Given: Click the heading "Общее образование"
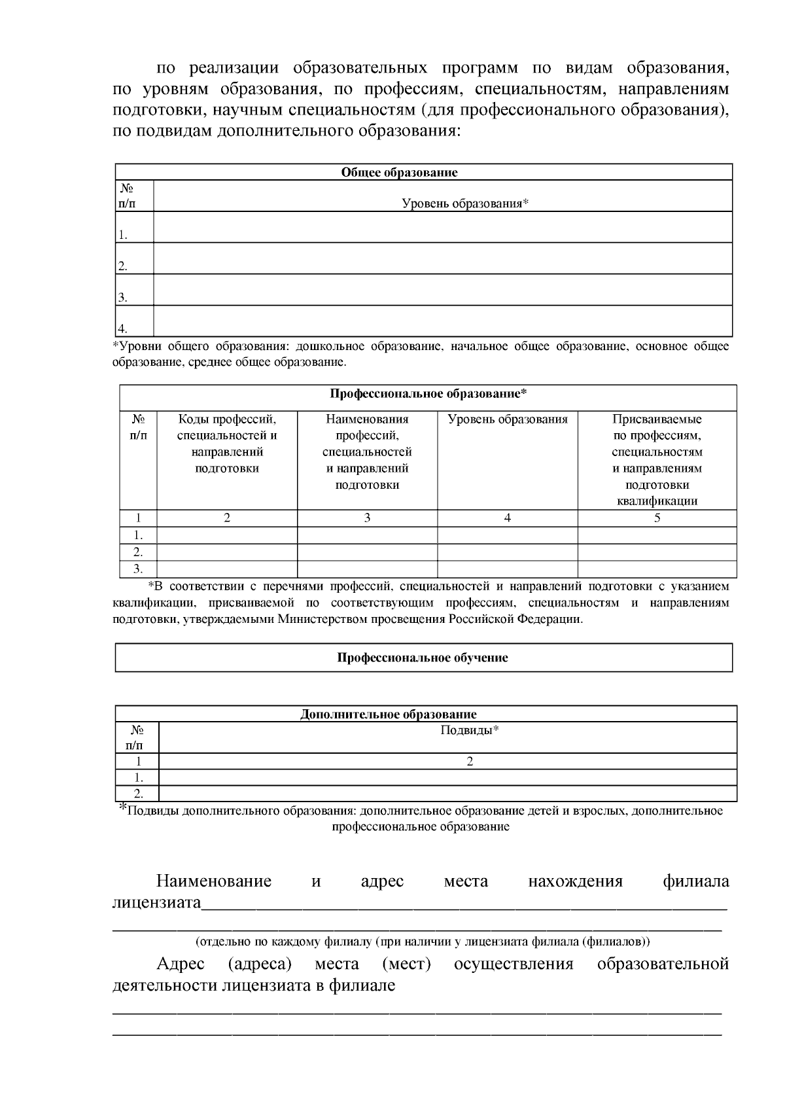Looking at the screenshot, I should coord(399,173).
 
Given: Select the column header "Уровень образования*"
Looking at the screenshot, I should coord(464,203).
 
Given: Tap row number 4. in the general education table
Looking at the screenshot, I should coord(122,328).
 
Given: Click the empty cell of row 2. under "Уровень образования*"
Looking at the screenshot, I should coord(442,258).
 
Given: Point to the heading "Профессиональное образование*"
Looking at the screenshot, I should coord(428,394).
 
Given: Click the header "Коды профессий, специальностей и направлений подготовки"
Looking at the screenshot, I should coord(227,444).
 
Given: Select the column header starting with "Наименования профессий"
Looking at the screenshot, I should coord(367,451).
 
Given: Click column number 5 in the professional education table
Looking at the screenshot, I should coord(657,518).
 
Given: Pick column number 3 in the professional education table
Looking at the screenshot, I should coord(367,518).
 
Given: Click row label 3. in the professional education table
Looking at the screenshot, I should coord(138,569).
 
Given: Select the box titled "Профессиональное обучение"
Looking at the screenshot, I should coord(423,658).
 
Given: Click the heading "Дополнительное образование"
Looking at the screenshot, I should coord(388,714).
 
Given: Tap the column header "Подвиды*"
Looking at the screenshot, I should coord(470,731).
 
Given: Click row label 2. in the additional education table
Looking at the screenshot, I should coord(138,794).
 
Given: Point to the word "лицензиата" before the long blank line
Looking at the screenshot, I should coord(156,904).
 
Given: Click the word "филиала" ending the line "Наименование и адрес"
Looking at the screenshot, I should coord(695,881).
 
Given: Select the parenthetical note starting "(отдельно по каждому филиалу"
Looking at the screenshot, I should coord(423,942).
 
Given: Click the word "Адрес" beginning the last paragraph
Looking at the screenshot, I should coord(180,964).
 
